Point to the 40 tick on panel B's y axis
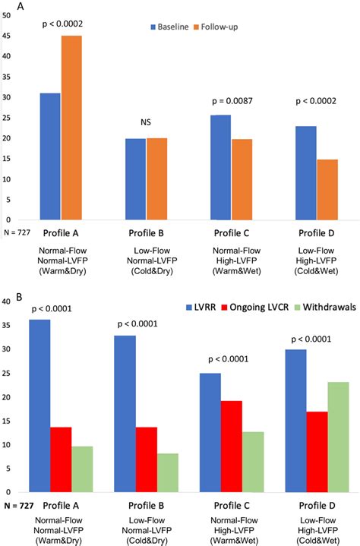pos(7,301)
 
